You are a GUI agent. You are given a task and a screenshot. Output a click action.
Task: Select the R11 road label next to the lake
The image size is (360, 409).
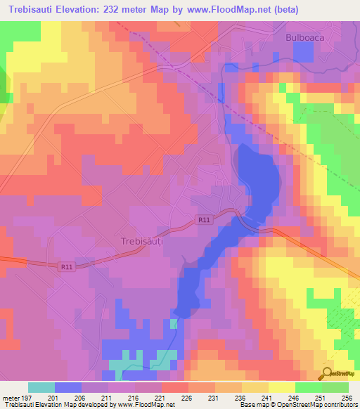tap(204, 220)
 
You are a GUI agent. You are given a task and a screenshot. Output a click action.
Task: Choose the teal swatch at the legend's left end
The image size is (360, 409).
tap(41, 387)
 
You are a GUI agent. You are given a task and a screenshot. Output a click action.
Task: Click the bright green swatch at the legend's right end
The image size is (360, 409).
tap(335, 387)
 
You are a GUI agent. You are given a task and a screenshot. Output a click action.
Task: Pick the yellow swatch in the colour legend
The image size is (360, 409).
tap(282, 387)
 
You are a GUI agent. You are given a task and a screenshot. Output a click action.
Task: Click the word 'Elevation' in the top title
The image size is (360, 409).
tap(79, 9)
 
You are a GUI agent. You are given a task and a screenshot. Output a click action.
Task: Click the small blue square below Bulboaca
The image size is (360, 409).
tap(303, 51)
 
